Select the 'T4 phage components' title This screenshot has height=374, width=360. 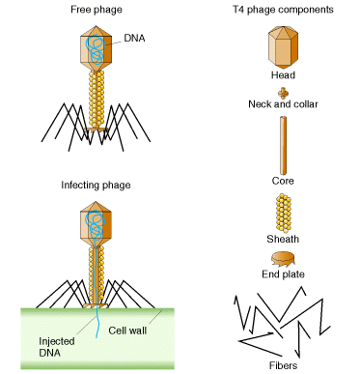pos(283,10)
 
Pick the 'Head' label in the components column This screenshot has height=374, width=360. pos(282,74)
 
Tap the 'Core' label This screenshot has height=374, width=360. pos(282,180)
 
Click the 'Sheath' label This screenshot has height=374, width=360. pos(282,239)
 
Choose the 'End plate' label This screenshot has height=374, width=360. pos(282,276)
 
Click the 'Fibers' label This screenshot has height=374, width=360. pos(282,365)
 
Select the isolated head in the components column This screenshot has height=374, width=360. pos(282,46)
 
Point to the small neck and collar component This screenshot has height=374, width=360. pos(282,92)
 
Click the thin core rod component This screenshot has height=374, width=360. pos(282,144)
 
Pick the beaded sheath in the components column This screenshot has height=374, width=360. pos(282,211)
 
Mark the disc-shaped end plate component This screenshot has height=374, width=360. pos(282,258)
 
